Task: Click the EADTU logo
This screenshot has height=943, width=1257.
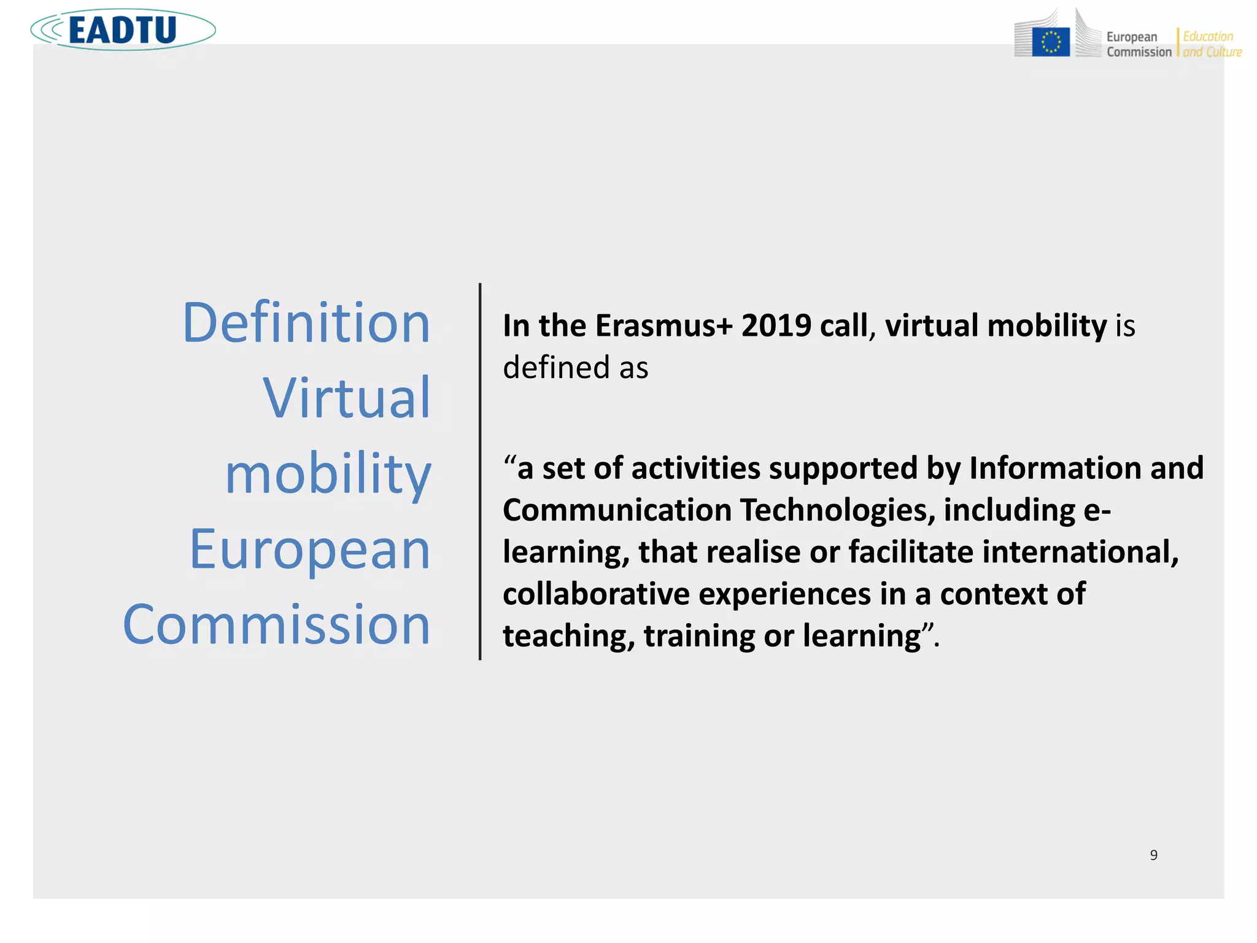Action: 123,29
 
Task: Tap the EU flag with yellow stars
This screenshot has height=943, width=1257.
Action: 1051,42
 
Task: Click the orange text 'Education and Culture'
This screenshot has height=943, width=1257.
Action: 1212,44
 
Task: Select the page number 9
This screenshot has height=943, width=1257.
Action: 1154,855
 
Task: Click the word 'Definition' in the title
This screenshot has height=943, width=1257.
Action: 306,323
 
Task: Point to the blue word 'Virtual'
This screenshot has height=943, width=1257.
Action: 347,398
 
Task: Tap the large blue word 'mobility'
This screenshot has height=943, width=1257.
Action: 328,474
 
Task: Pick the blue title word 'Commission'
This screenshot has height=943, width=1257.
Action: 276,624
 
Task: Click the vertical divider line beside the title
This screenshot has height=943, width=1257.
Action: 480,471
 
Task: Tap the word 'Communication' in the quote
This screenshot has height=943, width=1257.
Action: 617,510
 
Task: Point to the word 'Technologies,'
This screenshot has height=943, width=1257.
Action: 837,510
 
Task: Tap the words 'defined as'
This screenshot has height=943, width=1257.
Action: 575,368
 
